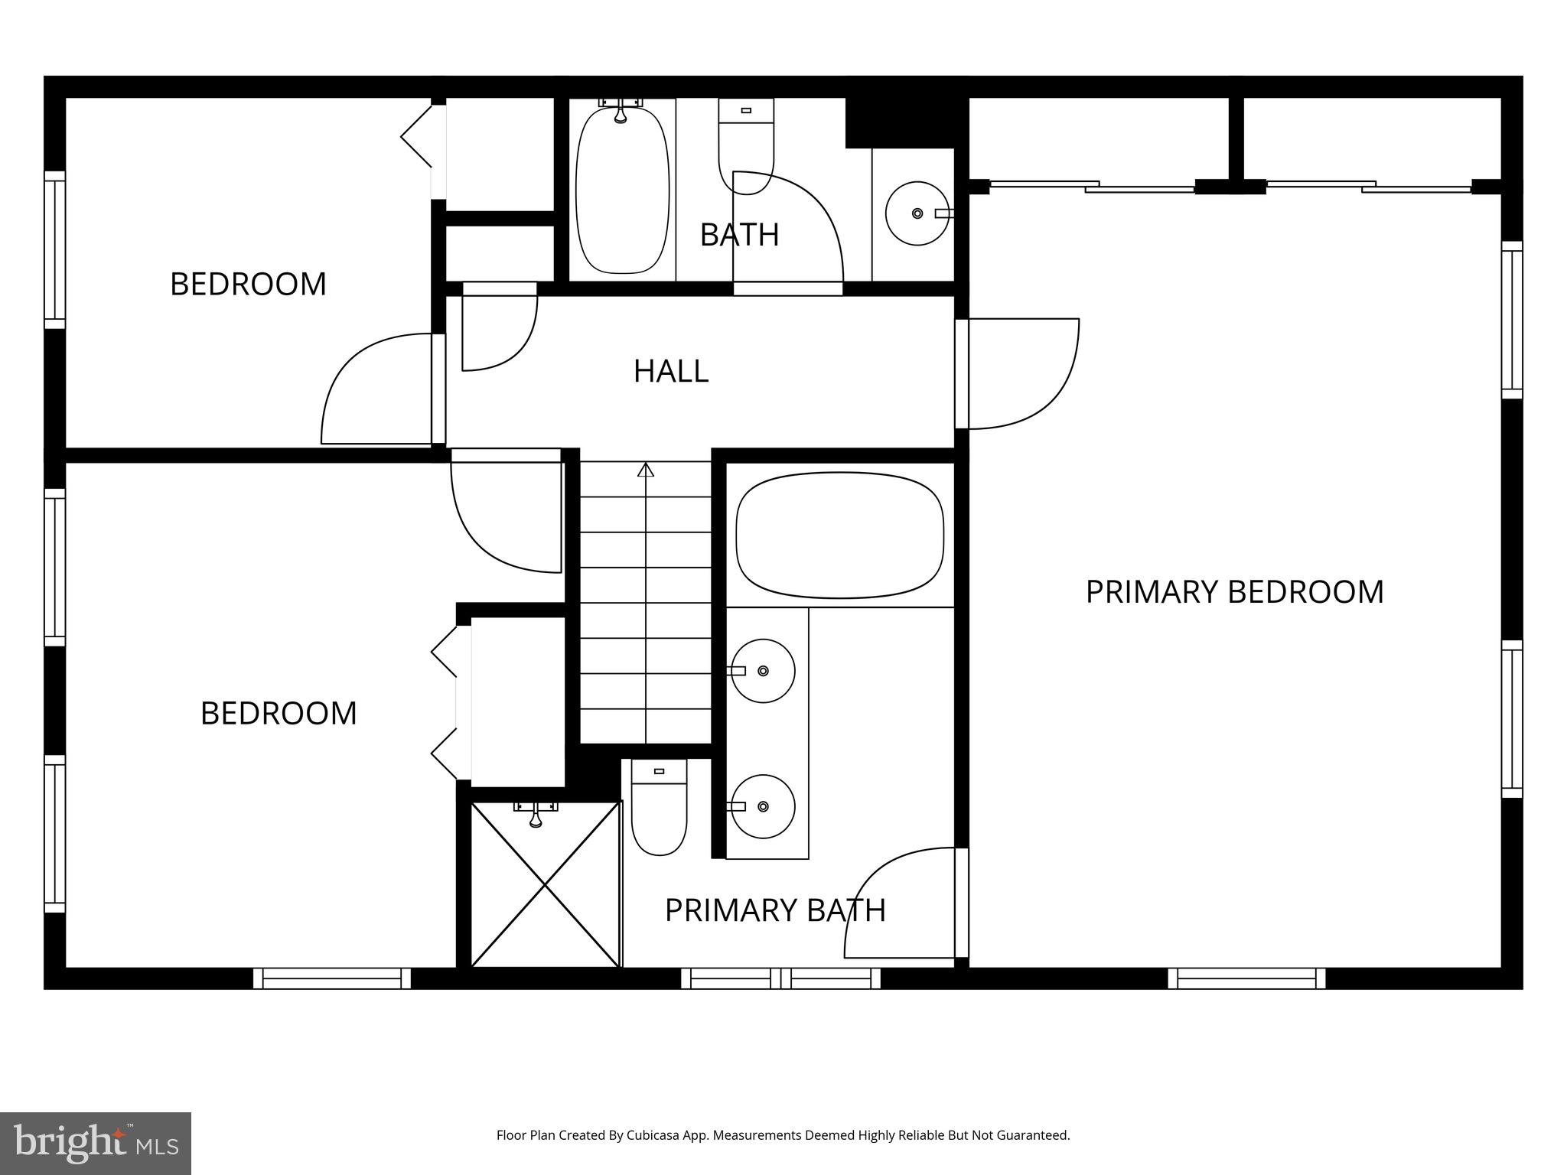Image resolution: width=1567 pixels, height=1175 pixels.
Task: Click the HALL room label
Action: [x=671, y=371]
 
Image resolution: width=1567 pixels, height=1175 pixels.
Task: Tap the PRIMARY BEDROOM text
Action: [x=1234, y=592]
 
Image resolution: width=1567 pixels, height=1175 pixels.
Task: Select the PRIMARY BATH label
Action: [x=774, y=910]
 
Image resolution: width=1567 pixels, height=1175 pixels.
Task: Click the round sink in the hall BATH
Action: [x=917, y=213]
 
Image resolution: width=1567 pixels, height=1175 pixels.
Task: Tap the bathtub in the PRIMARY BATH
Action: [x=839, y=535]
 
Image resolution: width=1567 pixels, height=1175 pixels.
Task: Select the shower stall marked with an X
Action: [x=545, y=884]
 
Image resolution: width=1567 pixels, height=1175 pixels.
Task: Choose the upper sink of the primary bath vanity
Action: [x=762, y=671]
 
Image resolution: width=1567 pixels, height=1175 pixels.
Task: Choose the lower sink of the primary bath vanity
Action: [x=762, y=806]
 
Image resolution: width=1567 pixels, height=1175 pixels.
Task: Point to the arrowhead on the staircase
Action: [x=646, y=470]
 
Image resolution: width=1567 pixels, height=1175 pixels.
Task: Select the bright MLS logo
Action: [x=95, y=1143]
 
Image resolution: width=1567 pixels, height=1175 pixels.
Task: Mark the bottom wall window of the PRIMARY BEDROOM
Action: [x=1246, y=978]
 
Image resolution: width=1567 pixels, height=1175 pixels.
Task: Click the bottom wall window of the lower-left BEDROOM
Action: [x=331, y=978]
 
